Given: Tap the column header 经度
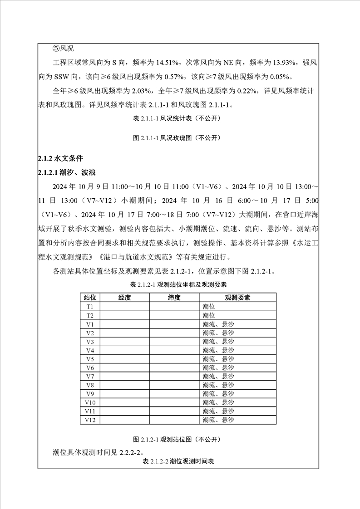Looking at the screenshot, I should point(124,298).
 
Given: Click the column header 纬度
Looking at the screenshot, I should point(174,298).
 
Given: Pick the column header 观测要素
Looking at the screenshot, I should point(237,298).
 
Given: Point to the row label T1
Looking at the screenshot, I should point(90,307).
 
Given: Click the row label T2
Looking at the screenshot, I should point(90,315).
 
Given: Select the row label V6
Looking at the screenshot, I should point(90,367).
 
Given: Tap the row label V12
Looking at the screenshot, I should point(90,420).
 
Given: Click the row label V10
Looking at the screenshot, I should point(90,402).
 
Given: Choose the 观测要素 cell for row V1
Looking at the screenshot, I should point(218,324).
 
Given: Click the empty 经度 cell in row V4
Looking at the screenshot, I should point(124,350).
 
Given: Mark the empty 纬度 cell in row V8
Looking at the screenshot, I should point(174,385).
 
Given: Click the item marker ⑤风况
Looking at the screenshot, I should point(63,48).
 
